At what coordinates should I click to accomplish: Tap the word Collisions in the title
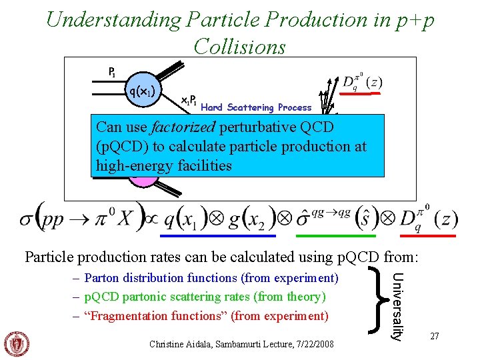tap(239, 47)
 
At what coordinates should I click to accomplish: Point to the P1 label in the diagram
tap(114, 71)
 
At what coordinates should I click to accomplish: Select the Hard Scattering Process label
tap(256, 107)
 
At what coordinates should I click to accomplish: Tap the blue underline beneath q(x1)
tap(219, 235)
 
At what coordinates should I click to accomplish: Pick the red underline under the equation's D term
tap(435, 235)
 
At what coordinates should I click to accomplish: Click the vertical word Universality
tap(396, 305)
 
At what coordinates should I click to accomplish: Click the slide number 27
tap(434, 337)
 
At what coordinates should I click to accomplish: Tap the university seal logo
tap(17, 343)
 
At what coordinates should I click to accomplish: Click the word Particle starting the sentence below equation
tap(48, 257)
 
